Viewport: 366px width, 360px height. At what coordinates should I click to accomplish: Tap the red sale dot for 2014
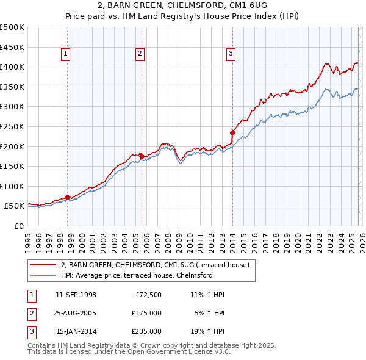(232, 132)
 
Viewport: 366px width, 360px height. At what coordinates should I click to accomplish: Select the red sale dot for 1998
(67, 197)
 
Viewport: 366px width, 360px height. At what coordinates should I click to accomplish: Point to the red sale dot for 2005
(142, 156)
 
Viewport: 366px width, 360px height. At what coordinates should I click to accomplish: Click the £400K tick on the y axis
(12, 67)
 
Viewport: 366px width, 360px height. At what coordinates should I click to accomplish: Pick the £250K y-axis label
(12, 126)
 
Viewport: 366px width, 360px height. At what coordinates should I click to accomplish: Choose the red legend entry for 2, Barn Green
(154, 265)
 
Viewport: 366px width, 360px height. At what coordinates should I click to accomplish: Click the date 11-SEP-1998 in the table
(76, 295)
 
